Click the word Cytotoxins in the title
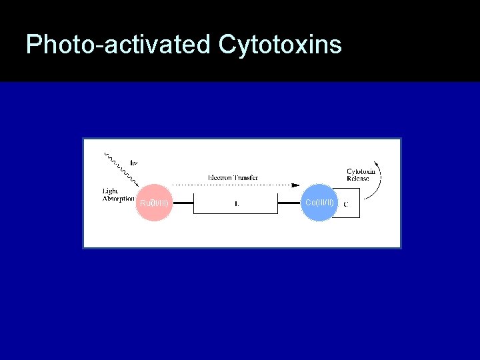click(279, 45)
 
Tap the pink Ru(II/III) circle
click(154, 203)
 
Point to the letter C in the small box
click(345, 204)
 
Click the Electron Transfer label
click(233, 178)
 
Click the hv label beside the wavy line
click(134, 163)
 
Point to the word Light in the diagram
click(110, 191)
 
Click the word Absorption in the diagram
click(119, 199)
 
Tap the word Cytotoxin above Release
click(361, 171)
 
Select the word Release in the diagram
click(358, 179)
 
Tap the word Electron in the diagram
click(221, 178)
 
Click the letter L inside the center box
click(237, 204)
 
